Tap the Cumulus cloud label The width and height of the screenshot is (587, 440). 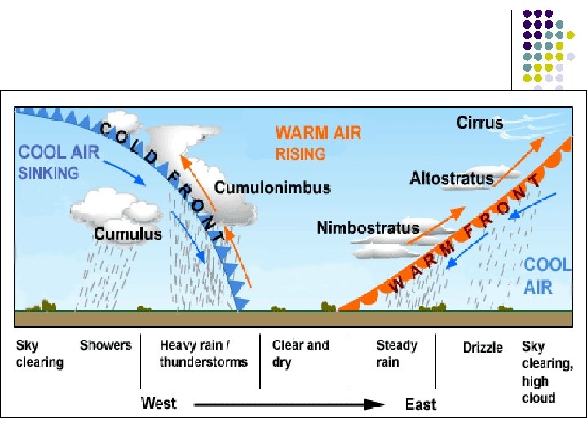point(128,234)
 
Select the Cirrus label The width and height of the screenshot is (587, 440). point(479,123)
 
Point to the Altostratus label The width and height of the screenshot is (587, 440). point(452,178)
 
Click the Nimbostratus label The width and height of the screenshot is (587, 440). point(369,228)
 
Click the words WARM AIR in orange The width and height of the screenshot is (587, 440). point(318,133)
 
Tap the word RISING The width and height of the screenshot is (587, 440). point(300,153)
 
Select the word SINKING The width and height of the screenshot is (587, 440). point(49,173)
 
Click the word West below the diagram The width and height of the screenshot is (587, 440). point(158,403)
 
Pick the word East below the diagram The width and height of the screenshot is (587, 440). point(421,404)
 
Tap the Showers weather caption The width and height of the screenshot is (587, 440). point(105,345)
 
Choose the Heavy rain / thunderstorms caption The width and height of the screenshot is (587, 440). point(203,354)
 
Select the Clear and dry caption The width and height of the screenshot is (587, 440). point(301,354)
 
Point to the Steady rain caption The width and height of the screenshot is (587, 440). point(397,354)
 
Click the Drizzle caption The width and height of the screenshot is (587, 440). point(483,348)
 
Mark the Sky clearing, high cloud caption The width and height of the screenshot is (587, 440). point(548,372)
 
